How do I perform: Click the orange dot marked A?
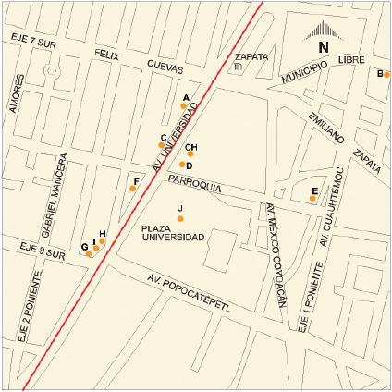(183, 105)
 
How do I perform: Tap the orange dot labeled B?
(386, 75)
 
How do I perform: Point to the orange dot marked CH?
(190, 153)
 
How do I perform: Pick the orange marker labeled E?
(312, 197)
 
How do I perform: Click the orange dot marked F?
(132, 189)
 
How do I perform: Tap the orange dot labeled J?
(180, 218)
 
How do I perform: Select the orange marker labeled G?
(89, 253)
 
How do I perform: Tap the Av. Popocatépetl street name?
(188, 292)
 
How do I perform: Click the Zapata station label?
(252, 56)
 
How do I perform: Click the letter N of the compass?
(323, 47)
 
